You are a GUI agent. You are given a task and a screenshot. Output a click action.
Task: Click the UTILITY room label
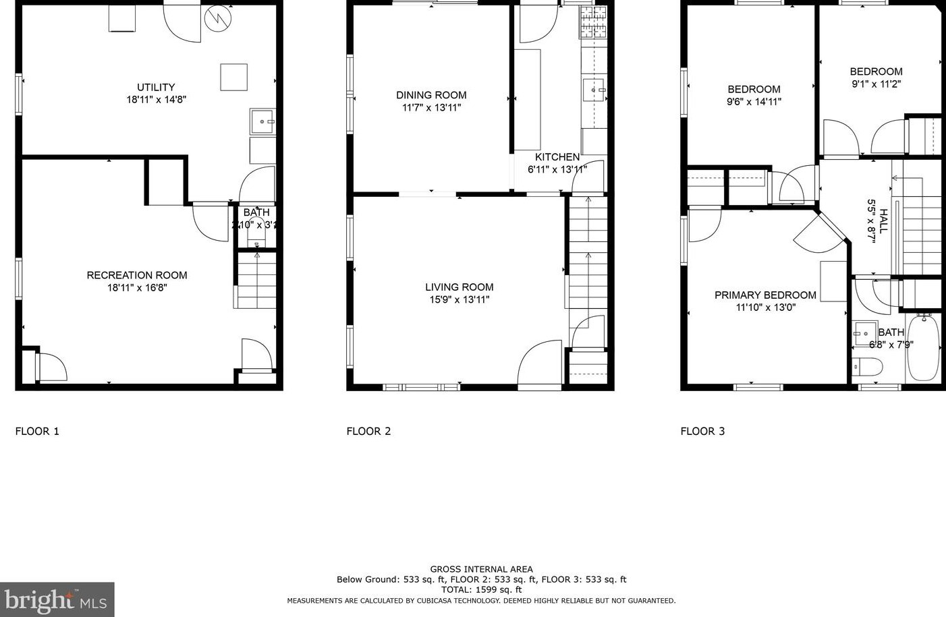156,87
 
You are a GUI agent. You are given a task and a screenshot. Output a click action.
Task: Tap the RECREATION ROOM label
137,275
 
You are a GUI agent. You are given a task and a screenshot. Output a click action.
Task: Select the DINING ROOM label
431,95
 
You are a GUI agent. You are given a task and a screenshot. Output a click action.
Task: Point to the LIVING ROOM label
459,287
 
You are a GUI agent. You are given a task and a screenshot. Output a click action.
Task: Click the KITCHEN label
557,157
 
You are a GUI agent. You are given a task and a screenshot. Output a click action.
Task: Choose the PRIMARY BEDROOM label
765,295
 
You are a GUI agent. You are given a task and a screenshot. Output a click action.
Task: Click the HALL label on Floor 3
883,221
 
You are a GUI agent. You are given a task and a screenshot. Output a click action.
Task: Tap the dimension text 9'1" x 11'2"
876,84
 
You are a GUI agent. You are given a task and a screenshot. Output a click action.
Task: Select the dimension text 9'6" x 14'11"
754,102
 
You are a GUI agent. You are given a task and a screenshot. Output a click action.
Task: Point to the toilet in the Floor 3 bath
868,367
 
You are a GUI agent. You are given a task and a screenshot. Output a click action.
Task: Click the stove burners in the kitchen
592,22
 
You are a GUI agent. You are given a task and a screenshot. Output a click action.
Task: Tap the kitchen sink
595,89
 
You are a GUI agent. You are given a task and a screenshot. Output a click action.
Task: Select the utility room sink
262,122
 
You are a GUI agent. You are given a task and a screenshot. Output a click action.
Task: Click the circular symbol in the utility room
218,18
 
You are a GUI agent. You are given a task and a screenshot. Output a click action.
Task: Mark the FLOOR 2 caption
368,431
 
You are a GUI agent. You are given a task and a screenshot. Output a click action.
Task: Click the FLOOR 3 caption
702,431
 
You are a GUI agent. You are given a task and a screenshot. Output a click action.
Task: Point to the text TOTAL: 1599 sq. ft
481,589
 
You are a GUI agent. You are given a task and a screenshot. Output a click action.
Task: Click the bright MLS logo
57,599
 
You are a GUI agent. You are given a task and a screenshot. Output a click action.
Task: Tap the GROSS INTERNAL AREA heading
481,569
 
